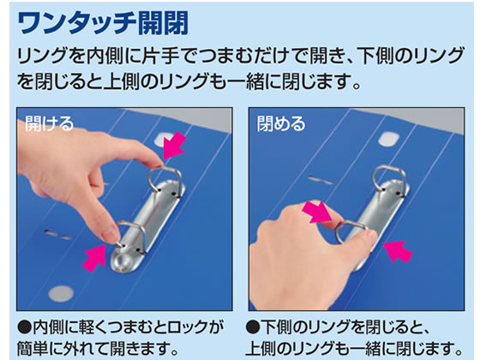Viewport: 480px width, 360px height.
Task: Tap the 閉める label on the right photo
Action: coord(280,124)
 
